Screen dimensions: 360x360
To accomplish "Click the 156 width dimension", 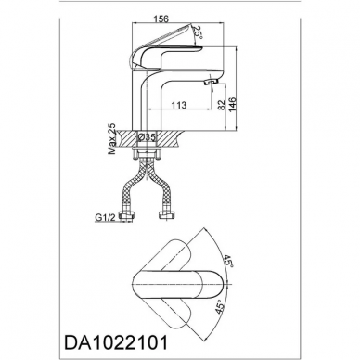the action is [161, 19].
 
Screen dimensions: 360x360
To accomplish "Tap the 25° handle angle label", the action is [197, 32].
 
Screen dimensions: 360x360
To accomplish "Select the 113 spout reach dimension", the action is [179, 105].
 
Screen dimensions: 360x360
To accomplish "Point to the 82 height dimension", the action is [221, 105].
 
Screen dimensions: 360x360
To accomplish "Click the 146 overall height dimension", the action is [232, 105].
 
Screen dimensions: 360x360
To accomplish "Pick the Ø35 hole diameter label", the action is [147, 136].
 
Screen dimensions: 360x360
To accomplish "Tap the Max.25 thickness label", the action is [111, 139].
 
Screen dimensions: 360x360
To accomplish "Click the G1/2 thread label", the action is [105, 218].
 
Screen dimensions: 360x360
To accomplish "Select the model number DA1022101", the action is [116, 341].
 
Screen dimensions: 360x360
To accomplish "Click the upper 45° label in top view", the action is [228, 262].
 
